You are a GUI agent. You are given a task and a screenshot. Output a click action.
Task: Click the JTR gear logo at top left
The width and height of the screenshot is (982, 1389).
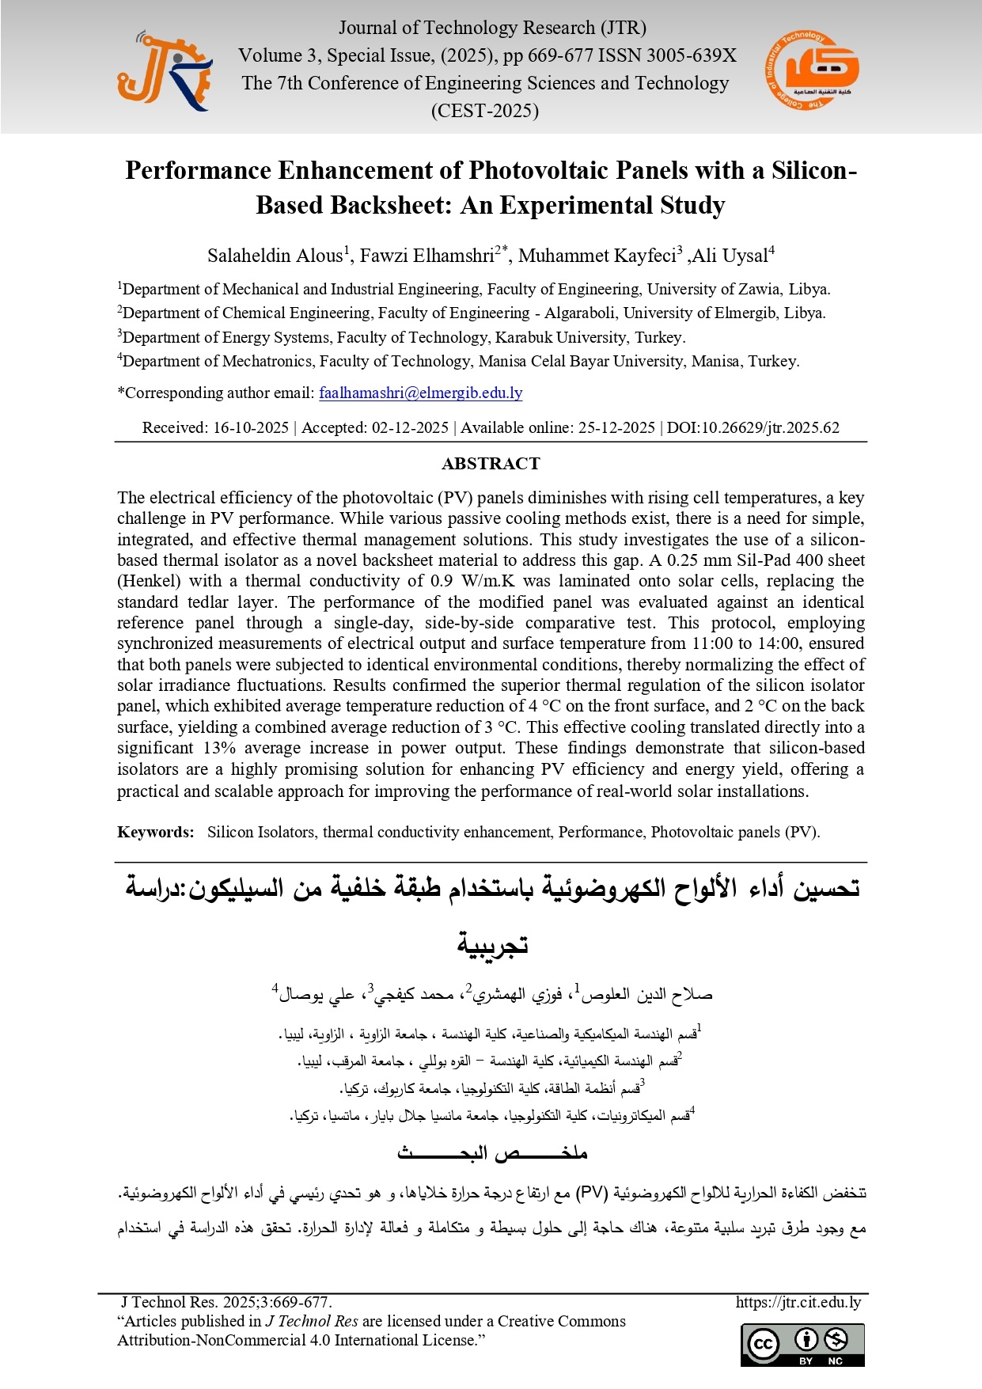pyautogui.click(x=165, y=71)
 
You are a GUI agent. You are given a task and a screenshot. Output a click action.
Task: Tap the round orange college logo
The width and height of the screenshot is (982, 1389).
pyautogui.click(x=812, y=70)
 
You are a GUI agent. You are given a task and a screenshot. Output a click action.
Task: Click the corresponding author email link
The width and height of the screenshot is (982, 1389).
pyautogui.click(x=420, y=393)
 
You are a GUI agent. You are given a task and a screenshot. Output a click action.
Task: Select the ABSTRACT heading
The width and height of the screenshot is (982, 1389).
pyautogui.click(x=491, y=464)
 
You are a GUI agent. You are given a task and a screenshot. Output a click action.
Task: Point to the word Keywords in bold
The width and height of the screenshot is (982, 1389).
pyautogui.click(x=155, y=832)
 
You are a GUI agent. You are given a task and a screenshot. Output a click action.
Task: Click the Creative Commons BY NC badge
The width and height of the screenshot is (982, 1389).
pyautogui.click(x=802, y=1345)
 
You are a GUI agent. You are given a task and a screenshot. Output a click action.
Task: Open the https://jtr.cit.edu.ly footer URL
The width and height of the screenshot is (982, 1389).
pyautogui.click(x=798, y=1302)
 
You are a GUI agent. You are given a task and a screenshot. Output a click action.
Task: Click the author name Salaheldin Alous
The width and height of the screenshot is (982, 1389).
pyautogui.click(x=275, y=256)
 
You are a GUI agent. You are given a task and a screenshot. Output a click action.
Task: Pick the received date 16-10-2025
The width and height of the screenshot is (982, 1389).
pyautogui.click(x=251, y=428)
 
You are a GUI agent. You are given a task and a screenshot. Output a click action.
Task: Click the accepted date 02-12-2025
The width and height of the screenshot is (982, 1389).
pyautogui.click(x=410, y=428)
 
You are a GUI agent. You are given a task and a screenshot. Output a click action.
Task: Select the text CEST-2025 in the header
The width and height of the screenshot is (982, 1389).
pyautogui.click(x=484, y=111)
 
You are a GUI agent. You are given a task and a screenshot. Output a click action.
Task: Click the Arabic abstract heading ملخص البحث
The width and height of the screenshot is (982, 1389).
pyautogui.click(x=491, y=1153)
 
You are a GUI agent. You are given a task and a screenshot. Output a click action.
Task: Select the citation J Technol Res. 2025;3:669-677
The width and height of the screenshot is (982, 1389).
pyautogui.click(x=226, y=1302)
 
